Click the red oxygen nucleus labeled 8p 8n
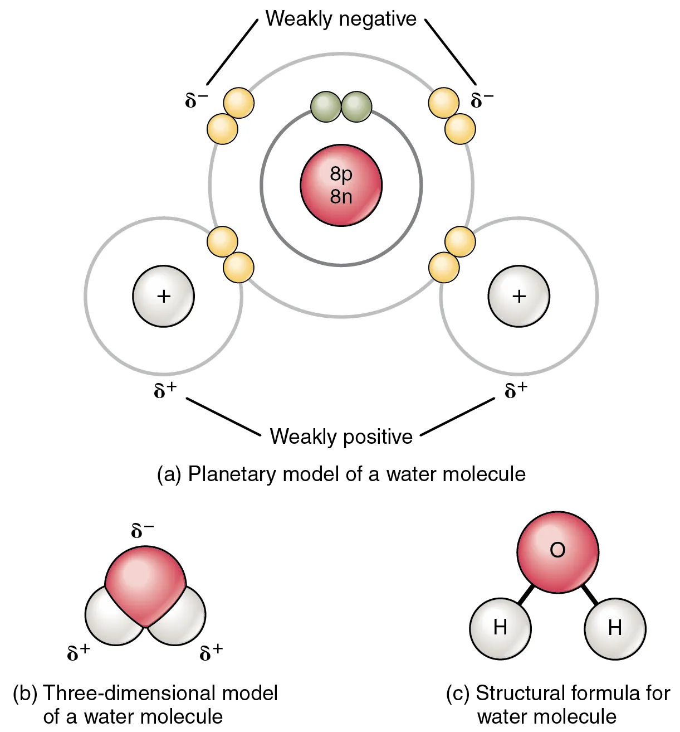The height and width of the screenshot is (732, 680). tap(341, 185)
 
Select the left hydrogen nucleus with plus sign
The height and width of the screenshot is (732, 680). tap(163, 296)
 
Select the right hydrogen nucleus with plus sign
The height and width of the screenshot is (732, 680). tap(518, 296)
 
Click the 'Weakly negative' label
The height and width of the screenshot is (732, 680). tap(341, 19)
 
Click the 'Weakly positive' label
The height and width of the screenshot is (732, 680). tap(341, 436)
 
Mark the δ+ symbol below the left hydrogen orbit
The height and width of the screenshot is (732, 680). tap(165, 390)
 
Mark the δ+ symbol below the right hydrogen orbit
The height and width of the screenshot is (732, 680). tap(516, 390)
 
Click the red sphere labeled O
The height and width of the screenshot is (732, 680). tap(557, 551)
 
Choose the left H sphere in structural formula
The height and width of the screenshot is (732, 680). tap(500, 628)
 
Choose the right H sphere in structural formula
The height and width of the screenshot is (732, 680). tap(615, 628)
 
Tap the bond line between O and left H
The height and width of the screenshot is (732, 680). tap(525, 594)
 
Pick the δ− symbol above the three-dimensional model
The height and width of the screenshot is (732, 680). tap(143, 530)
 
